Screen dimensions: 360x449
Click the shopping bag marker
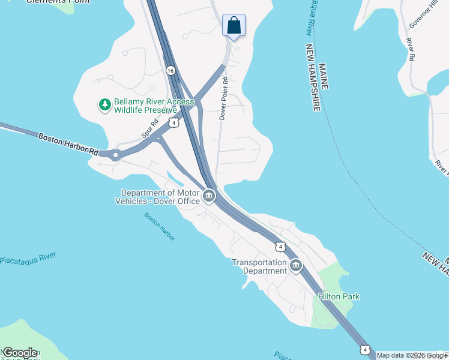234,26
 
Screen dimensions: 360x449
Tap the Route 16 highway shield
171,71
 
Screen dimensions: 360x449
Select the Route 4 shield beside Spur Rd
173,122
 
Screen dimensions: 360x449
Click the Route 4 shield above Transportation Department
280,246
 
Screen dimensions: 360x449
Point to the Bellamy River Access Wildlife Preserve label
146,106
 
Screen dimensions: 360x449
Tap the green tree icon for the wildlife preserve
105,106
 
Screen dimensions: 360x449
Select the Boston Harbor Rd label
68,145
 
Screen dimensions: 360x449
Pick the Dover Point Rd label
223,98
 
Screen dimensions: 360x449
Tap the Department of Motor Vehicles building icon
209,196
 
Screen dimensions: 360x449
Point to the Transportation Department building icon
295,266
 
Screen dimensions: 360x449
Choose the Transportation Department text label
259,266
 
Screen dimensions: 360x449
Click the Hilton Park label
339,296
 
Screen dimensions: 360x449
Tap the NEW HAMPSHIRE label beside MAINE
313,77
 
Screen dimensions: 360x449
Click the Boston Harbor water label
160,227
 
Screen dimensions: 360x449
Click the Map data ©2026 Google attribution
412,355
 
